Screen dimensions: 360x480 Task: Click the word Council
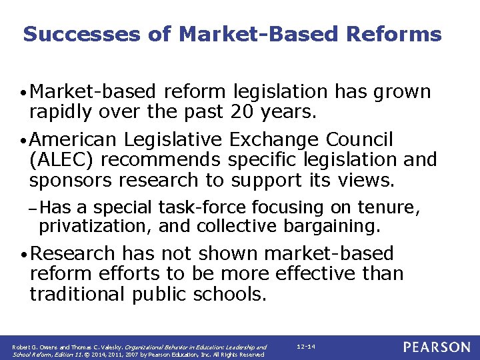tap(360, 140)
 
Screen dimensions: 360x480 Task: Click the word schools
tap(231, 294)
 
